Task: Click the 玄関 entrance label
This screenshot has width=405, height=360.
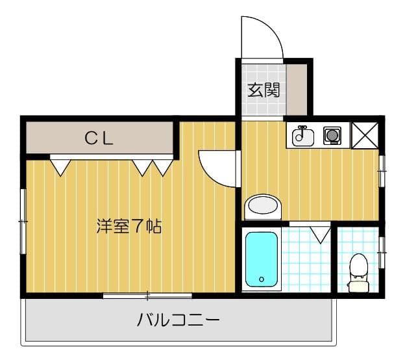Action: [x=263, y=90]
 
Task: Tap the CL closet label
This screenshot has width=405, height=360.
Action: [x=100, y=138]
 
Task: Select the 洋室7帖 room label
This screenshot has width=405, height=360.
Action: [x=129, y=227]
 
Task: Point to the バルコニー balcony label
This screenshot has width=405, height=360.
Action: [x=178, y=320]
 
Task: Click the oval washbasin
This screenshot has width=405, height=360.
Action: [x=263, y=207]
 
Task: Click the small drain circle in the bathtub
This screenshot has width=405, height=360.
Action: [x=262, y=279]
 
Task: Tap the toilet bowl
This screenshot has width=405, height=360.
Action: [x=357, y=268]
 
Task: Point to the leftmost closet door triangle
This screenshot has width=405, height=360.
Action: [x=60, y=166]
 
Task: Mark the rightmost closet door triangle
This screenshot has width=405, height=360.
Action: [x=163, y=166]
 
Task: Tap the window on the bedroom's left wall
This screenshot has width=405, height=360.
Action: [x=23, y=222]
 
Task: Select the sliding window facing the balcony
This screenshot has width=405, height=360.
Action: [x=147, y=296]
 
